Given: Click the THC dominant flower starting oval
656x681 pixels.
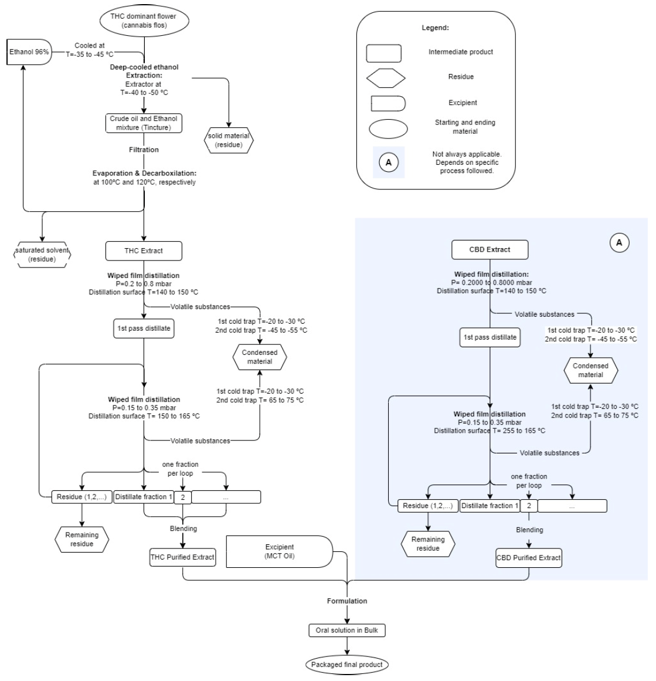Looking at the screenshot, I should (143, 21).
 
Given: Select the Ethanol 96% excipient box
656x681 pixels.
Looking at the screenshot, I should (28, 52).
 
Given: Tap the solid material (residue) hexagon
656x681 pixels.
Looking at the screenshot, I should (229, 140).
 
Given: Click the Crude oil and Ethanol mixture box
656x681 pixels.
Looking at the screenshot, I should (144, 123).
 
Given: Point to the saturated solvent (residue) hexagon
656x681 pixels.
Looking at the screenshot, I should (42, 255).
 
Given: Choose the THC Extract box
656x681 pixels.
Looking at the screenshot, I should (144, 250).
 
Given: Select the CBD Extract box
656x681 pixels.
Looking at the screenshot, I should (490, 249).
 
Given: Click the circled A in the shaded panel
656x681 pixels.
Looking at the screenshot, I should (619, 242).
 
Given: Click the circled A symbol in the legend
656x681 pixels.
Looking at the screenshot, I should (389, 162).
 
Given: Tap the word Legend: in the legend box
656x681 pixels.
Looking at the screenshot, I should (435, 28).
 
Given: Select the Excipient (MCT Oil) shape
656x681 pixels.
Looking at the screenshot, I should (279, 551).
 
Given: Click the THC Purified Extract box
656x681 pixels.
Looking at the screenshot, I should (182, 557).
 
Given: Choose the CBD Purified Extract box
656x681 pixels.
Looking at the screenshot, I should (528, 558).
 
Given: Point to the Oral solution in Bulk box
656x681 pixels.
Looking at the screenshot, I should (347, 631).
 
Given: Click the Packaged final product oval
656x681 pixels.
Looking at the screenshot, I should (347, 665).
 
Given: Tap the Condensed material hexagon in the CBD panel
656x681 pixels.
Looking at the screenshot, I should (590, 370).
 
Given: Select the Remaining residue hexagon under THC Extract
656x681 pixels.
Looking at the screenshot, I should (82, 539).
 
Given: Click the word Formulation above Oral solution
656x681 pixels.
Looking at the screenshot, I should (347, 601).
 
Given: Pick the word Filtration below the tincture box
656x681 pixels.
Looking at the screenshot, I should (144, 150).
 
